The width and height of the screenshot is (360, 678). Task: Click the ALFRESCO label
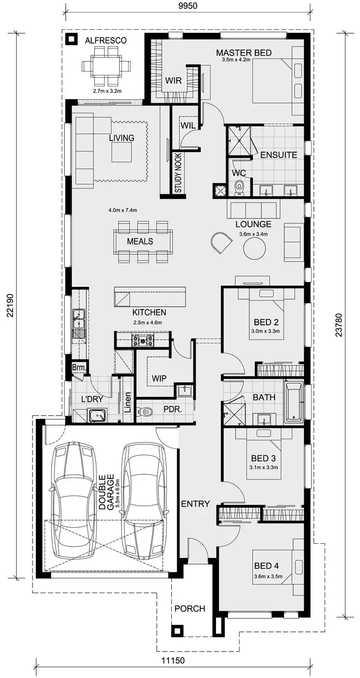(106, 41)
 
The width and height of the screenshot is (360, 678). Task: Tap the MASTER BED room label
(243, 52)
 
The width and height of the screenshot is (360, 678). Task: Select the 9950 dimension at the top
(188, 6)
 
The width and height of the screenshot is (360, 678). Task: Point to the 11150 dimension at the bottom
(173, 660)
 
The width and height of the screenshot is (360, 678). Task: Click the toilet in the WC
(239, 187)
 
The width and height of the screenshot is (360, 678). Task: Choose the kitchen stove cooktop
(143, 340)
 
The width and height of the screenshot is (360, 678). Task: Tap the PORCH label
(190, 608)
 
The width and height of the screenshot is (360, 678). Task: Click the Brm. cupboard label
(78, 368)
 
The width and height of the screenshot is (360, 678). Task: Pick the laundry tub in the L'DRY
(97, 415)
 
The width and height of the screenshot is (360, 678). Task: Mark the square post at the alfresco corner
(71, 39)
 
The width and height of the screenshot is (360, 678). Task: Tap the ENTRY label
(195, 504)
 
